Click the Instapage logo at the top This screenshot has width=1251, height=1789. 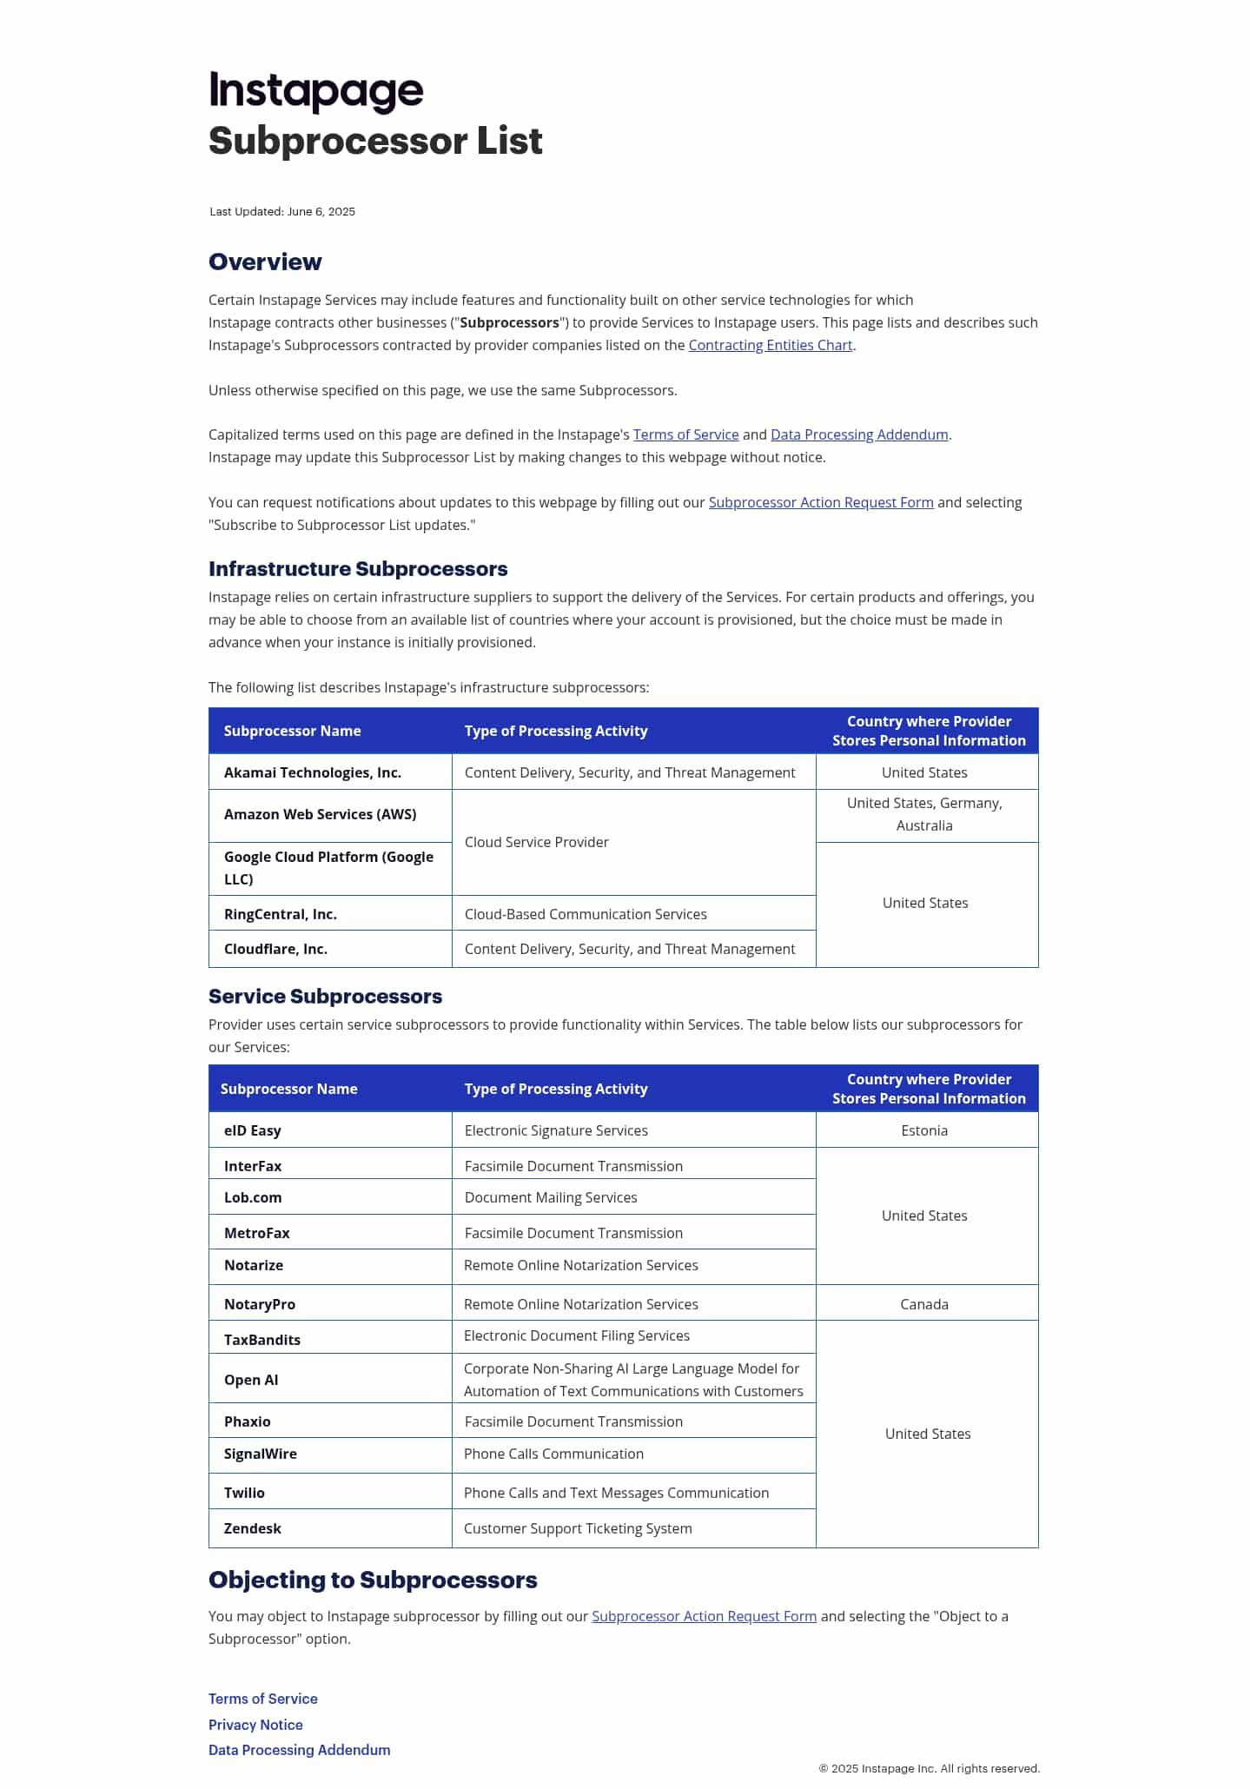click(315, 90)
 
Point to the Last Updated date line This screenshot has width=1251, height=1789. click(282, 212)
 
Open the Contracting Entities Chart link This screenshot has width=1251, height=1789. click(770, 346)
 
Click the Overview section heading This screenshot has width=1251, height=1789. click(265, 262)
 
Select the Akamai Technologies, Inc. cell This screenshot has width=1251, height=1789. click(313, 773)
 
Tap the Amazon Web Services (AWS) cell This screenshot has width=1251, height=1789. click(320, 815)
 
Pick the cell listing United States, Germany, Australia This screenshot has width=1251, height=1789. click(924, 815)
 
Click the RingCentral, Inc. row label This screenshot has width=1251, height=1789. click(281, 915)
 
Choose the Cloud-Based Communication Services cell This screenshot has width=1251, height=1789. click(586, 915)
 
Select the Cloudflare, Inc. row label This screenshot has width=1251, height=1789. click(275, 950)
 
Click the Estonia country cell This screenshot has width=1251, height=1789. click(924, 1131)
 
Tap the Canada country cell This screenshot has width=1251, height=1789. click(924, 1305)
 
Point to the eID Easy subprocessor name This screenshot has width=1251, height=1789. click(252, 1131)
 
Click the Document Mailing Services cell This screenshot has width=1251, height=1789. click(551, 1198)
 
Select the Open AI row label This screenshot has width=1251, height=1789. click(251, 1381)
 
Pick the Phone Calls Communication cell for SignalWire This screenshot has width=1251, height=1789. click(553, 1454)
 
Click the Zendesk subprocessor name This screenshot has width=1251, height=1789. click(252, 1529)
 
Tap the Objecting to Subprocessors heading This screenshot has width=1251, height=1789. click(373, 1580)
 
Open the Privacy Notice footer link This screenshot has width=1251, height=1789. click(255, 1726)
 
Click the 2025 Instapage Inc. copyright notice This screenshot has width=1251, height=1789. click(929, 1769)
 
